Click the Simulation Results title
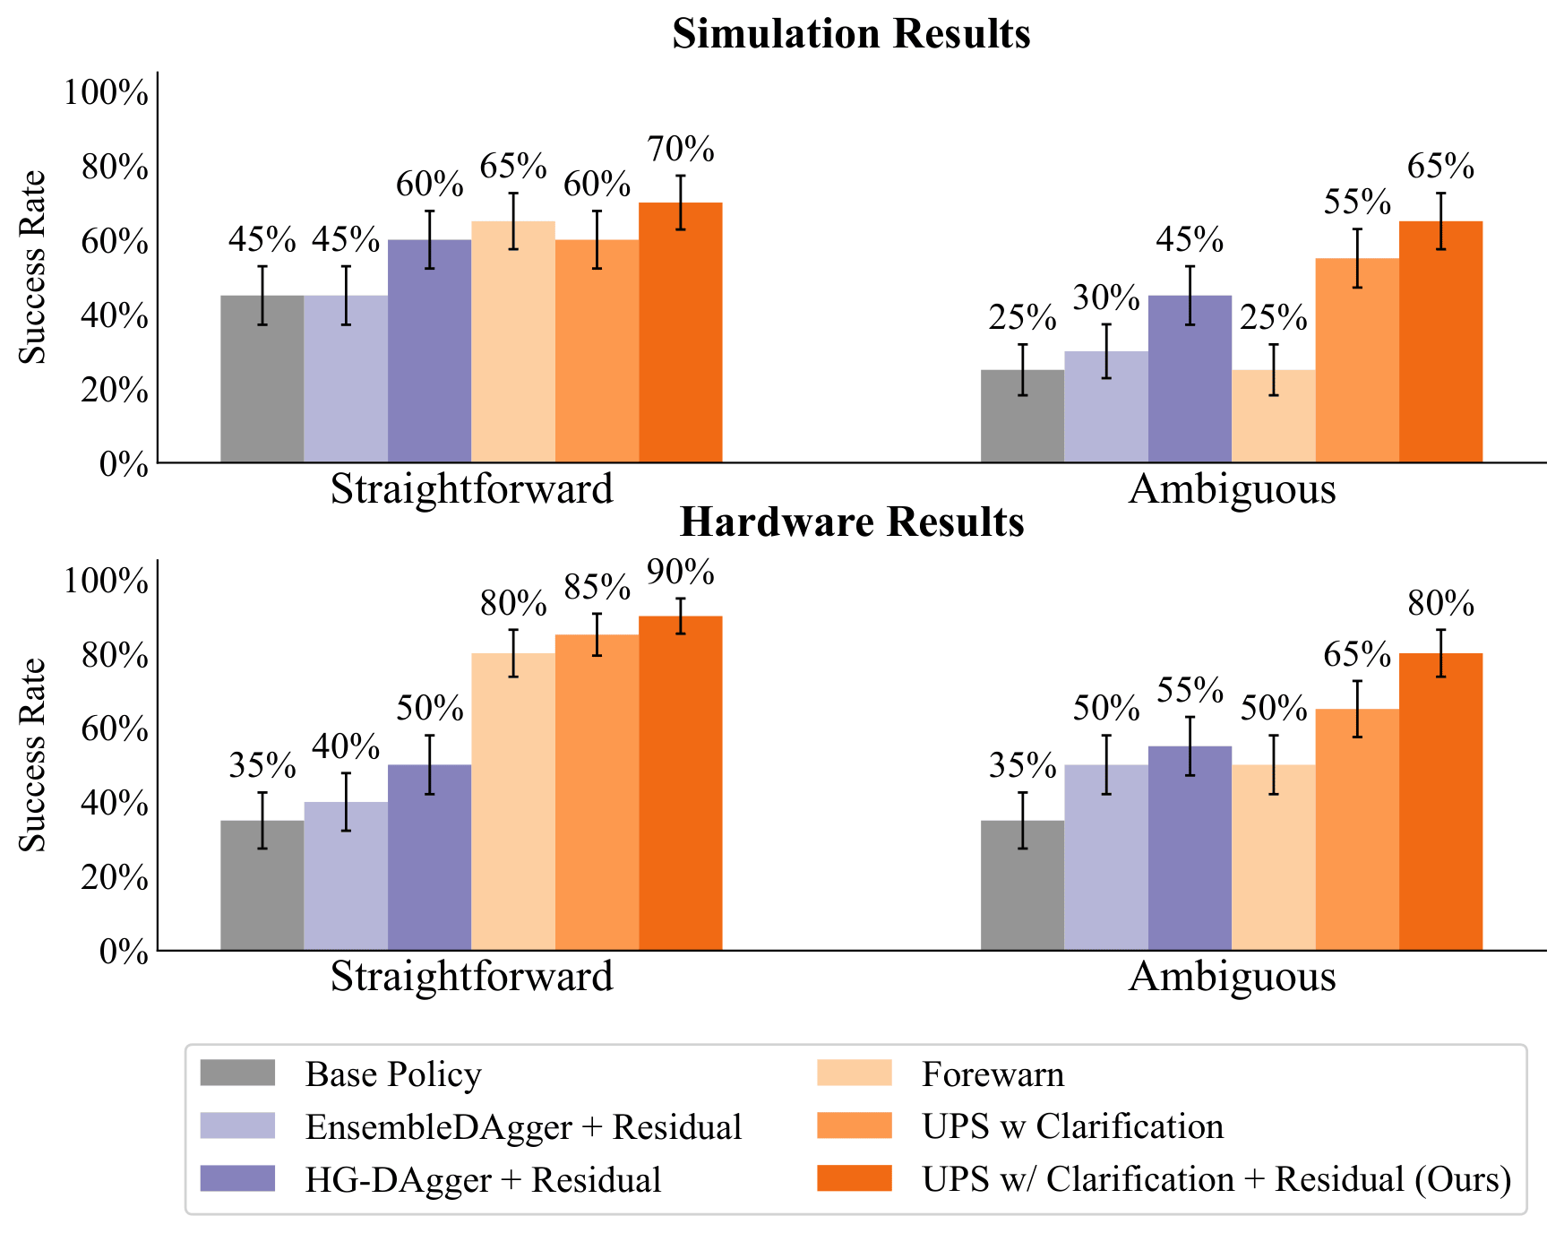coord(851,34)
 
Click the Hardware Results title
coord(851,522)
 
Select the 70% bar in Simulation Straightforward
coord(681,332)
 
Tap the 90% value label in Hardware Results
coord(681,573)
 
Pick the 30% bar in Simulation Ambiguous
coord(1106,407)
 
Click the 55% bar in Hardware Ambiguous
coord(1190,848)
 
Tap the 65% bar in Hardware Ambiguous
coord(1357,829)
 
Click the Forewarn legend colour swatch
coord(855,1073)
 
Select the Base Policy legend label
coord(393,1073)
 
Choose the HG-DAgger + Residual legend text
coord(483,1179)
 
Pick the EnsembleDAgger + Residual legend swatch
coord(237,1125)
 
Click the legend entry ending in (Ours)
coord(1216,1179)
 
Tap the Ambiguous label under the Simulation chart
coord(1232,489)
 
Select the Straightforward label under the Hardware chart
coord(471,977)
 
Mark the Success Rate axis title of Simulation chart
coord(33,267)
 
